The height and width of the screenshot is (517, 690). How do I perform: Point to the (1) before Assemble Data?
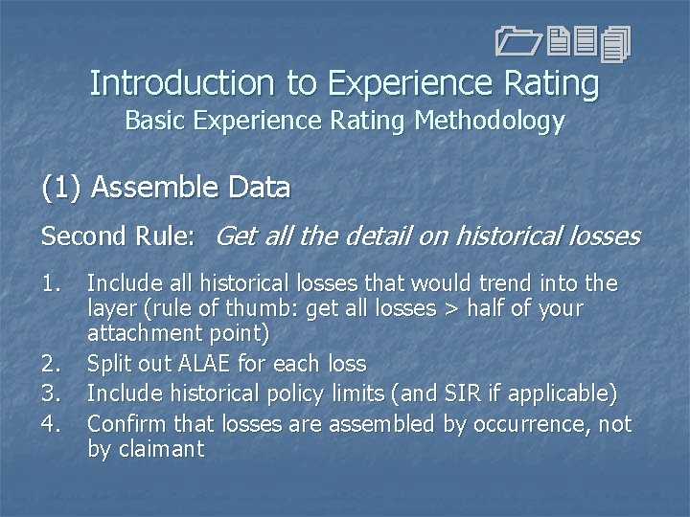click(x=61, y=187)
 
